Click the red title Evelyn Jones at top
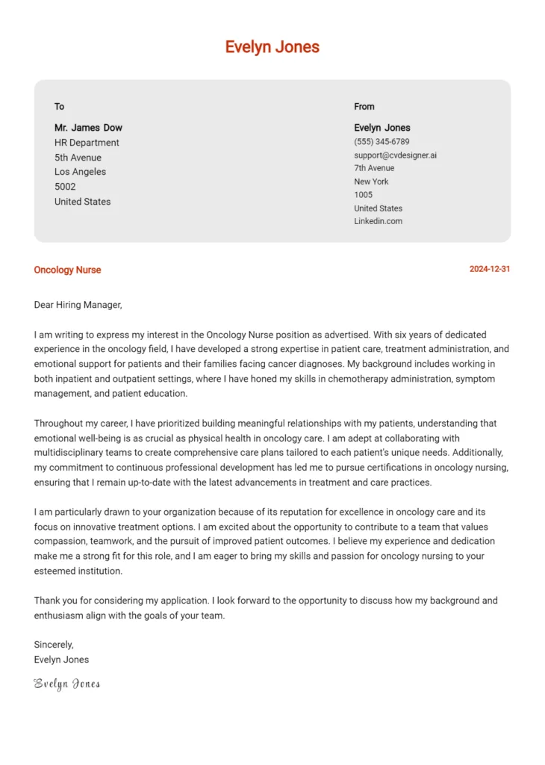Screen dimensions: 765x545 pos(272,47)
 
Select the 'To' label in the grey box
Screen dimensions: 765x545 pos(59,106)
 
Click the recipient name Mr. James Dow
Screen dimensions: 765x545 pos(88,128)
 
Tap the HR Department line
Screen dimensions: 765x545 pos(87,143)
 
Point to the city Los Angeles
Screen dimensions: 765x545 pos(80,172)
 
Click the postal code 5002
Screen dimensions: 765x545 pos(65,187)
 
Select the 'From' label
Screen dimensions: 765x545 pos(364,106)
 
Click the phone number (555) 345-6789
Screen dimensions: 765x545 pos(381,141)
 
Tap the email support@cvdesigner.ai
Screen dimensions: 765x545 pos(395,155)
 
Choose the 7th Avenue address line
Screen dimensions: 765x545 pos(374,168)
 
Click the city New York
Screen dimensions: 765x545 pos(371,182)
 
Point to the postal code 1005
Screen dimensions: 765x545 pos(363,195)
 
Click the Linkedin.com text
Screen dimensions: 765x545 pos(378,221)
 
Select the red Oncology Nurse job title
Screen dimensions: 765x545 pos(67,270)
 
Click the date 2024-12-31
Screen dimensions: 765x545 pos(490,269)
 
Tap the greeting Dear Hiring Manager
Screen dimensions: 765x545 pos(78,305)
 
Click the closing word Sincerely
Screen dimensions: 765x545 pos(54,645)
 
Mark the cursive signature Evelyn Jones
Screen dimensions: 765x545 pos(66,684)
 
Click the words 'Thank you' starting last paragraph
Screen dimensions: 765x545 pos(54,601)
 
